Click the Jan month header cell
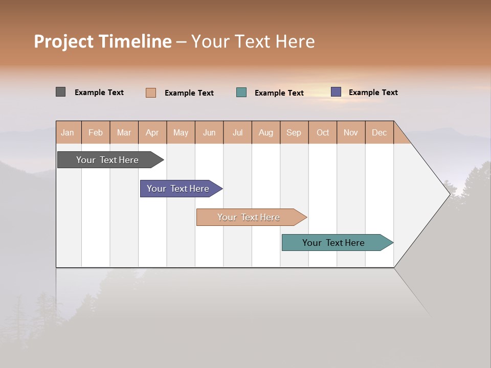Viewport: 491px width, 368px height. [68, 132]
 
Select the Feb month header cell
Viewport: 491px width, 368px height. [96, 132]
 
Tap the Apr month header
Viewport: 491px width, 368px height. [152, 132]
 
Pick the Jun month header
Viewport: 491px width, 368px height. [209, 132]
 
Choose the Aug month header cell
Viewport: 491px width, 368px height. [266, 132]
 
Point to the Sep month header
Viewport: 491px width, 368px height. [294, 132]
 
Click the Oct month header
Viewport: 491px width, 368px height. [323, 132]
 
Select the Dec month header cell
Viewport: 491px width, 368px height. [380, 132]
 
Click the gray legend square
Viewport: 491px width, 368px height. [61, 92]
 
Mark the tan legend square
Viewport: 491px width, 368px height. [151, 93]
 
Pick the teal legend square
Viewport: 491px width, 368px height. [241, 93]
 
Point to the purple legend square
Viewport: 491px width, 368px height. [336, 92]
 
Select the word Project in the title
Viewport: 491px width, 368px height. [63, 42]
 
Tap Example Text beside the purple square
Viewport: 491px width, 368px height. [373, 93]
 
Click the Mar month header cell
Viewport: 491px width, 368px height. [124, 132]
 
